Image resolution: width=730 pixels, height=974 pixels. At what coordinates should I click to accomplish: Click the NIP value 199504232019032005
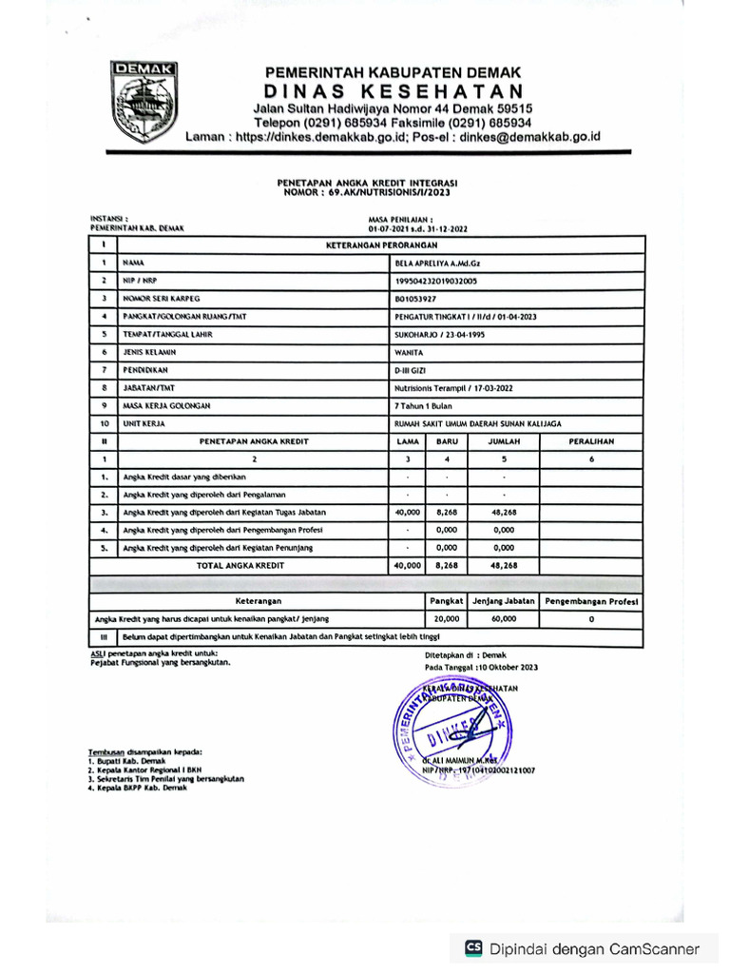click(436, 281)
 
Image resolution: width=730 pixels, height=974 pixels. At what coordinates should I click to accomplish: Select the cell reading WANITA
click(409, 352)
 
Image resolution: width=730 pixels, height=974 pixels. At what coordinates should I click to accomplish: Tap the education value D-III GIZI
click(412, 369)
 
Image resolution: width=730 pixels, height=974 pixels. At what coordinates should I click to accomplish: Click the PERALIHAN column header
click(590, 441)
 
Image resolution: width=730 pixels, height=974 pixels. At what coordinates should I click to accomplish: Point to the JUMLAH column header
click(504, 441)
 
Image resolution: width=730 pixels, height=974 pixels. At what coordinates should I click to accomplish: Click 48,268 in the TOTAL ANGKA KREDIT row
click(503, 565)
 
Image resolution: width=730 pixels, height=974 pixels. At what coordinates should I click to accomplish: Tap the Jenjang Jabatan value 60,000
click(504, 618)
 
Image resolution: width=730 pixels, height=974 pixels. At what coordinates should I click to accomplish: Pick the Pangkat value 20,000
click(445, 618)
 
